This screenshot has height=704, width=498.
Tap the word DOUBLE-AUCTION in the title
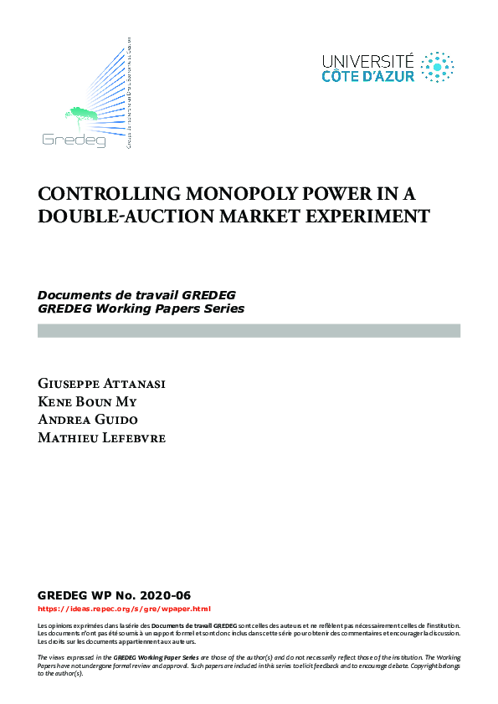[105, 216]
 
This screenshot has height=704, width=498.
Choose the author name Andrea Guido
[87, 420]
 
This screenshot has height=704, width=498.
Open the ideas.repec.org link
[125, 610]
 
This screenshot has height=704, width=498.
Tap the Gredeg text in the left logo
[74, 140]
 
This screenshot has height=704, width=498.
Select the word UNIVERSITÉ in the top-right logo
[368, 61]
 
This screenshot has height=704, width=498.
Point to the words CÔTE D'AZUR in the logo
[368, 76]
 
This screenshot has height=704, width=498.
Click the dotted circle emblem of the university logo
[437, 68]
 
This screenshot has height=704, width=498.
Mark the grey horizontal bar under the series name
[249, 331]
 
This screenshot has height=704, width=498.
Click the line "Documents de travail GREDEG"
[136, 296]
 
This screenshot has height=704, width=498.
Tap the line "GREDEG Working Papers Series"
[141, 309]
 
